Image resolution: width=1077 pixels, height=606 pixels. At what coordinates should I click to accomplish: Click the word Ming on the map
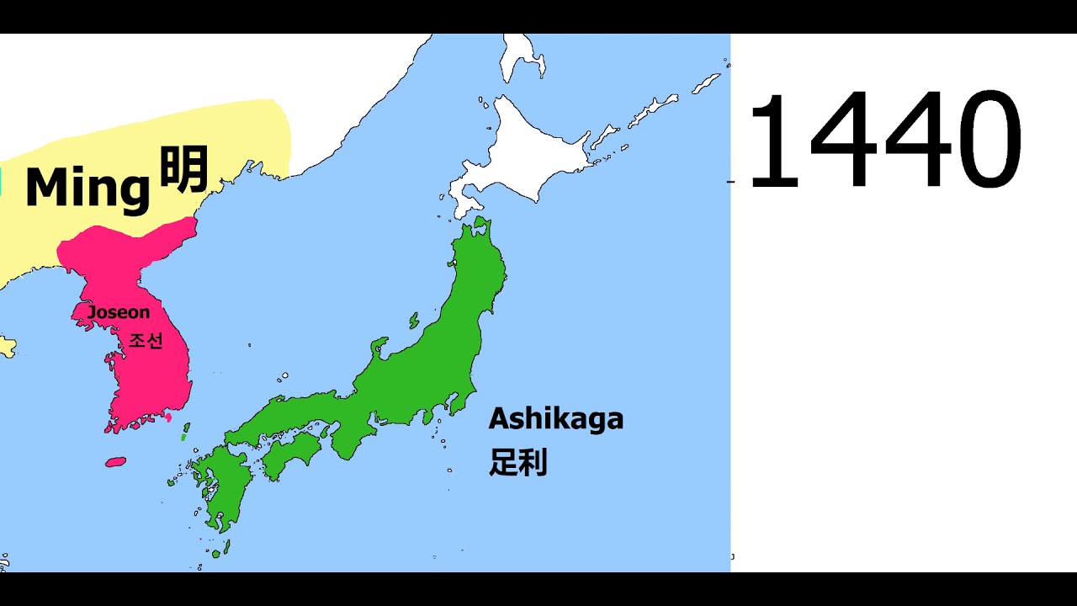87,188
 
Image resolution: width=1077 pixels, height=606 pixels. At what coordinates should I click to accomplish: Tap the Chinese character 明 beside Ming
183,170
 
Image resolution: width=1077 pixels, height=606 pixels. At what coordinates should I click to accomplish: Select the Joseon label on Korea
119,312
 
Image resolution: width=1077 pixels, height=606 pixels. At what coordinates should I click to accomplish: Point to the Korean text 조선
145,341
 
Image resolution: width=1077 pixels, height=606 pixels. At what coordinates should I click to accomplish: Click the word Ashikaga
556,418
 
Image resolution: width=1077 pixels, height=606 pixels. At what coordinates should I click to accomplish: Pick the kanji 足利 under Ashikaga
518,462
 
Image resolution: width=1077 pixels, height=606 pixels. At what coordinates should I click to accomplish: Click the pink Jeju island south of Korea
115,462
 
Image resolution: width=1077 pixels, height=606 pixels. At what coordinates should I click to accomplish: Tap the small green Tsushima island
185,433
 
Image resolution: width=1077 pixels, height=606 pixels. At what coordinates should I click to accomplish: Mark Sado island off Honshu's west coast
414,321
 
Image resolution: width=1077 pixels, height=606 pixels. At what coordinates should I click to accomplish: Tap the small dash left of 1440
729,181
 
